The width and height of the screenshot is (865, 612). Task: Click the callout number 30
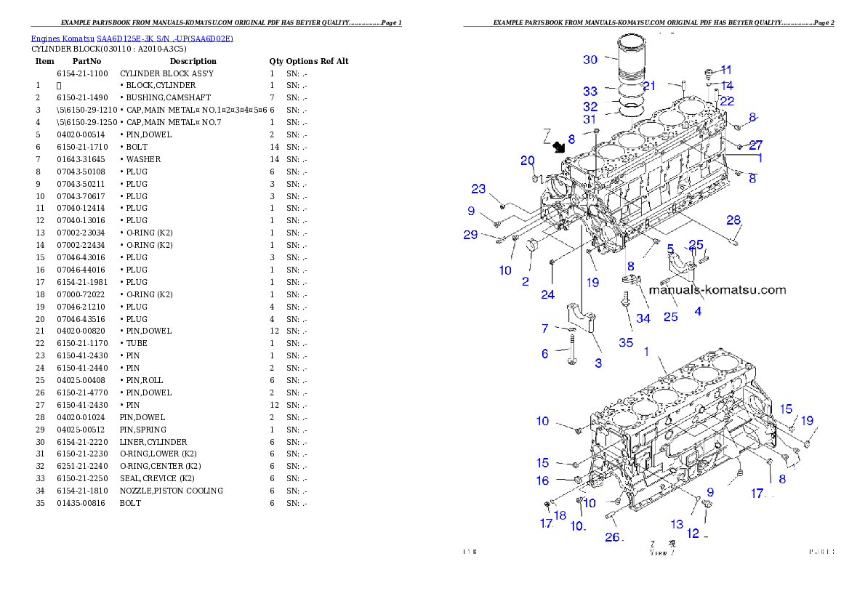[590, 60]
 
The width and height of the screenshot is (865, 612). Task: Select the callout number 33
[590, 92]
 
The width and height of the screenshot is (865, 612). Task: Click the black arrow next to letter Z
[559, 148]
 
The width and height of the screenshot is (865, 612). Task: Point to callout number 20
[528, 161]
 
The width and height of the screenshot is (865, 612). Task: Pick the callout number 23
[478, 189]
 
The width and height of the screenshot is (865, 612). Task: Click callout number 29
[471, 234]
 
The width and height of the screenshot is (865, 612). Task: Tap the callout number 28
[733, 220]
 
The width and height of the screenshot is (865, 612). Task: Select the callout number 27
[756, 145]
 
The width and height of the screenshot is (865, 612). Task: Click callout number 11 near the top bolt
[726, 70]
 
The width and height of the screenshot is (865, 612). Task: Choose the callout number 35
[626, 342]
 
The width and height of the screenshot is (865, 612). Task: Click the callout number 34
[643, 318]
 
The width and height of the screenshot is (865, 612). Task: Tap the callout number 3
[598, 363]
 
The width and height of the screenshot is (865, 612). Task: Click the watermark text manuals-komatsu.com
[717, 289]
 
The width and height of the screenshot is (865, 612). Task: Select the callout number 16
[543, 480]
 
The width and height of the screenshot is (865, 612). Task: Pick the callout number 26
[613, 536]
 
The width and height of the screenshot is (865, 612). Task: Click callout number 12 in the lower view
[693, 534]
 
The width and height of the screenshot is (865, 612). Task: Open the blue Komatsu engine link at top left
[132, 38]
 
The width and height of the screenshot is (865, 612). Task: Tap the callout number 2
[526, 281]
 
